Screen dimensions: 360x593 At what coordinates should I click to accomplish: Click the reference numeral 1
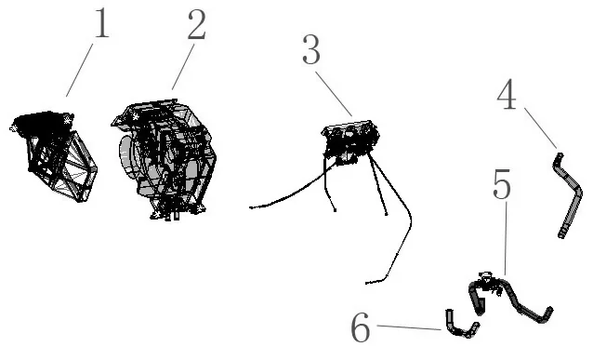pos(99,25)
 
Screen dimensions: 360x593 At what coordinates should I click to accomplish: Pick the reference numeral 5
pos(501,188)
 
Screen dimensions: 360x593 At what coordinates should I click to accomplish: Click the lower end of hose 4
pos(560,234)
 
